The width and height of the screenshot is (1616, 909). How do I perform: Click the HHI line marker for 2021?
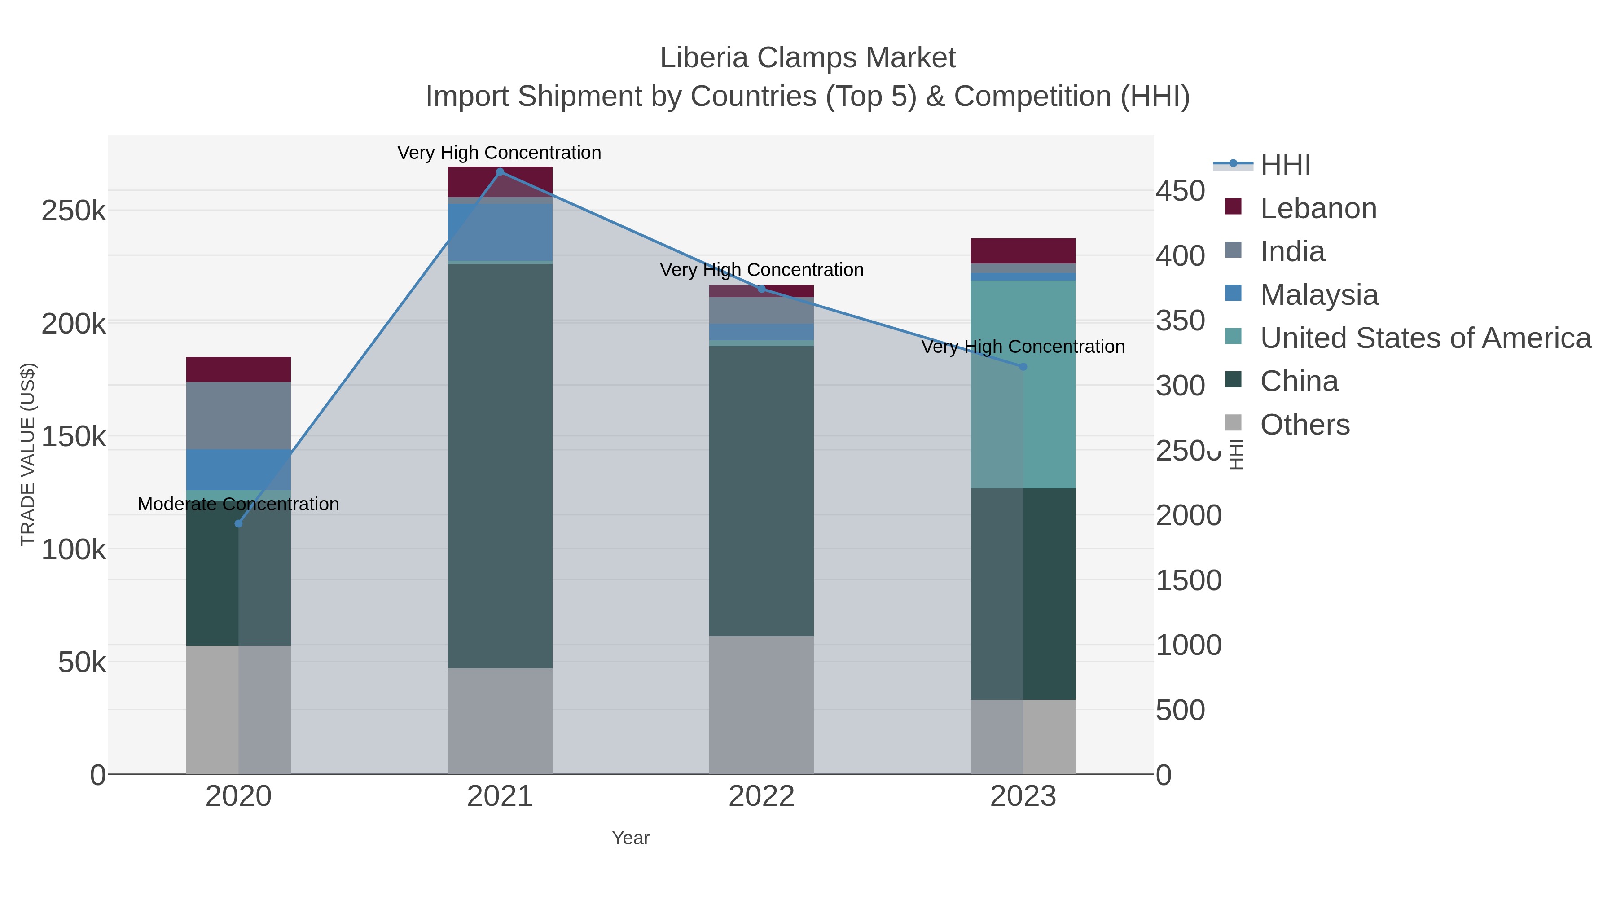click(x=500, y=172)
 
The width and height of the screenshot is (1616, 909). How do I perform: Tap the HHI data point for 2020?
click(x=238, y=523)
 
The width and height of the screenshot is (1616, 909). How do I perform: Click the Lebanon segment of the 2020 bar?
click(x=238, y=369)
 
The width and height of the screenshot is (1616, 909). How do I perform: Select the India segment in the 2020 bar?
click(x=238, y=415)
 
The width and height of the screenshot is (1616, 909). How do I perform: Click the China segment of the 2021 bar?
click(x=500, y=465)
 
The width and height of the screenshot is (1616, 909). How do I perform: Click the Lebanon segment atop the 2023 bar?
click(x=1023, y=251)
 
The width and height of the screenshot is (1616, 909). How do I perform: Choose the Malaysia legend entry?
click(x=1319, y=295)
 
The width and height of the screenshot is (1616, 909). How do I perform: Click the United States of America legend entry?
click(x=1425, y=338)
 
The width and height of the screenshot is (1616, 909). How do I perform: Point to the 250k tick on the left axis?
click(x=74, y=211)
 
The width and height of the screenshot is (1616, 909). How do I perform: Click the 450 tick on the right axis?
click(x=1180, y=191)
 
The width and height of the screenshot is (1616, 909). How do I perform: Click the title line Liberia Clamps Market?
click(x=808, y=58)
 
